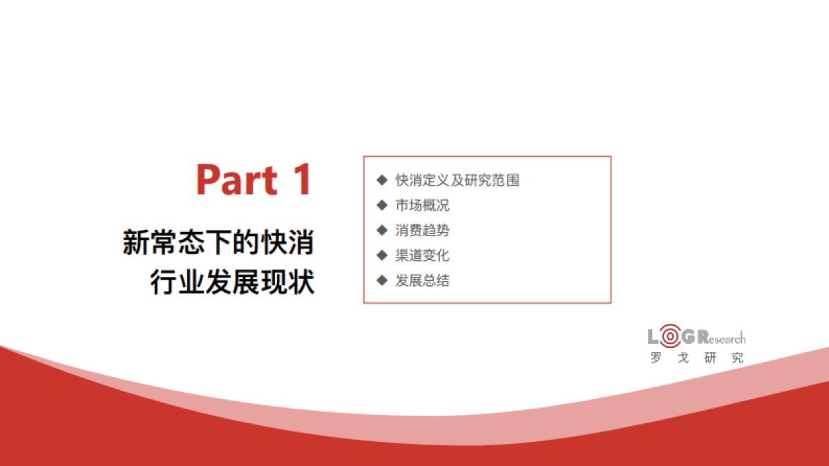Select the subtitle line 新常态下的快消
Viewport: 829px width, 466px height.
coord(218,243)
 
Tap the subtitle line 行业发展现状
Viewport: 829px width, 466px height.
coord(232,282)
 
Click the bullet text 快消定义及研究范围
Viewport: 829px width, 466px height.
coord(457,180)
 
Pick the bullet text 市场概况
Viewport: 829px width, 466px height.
coord(422,205)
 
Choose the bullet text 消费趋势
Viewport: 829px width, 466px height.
coord(422,230)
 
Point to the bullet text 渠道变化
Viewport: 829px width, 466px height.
coord(422,255)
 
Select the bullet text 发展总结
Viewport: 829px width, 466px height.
coord(422,280)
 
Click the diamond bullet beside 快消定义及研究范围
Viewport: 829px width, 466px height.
coord(381,180)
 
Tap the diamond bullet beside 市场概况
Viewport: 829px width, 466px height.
coord(381,205)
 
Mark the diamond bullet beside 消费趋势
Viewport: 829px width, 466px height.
coord(381,230)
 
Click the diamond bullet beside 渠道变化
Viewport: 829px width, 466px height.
coord(381,255)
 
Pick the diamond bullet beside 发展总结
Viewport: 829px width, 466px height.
coord(381,280)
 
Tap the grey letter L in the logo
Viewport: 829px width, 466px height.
coord(654,337)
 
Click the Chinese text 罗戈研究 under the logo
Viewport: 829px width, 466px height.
coord(696,358)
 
